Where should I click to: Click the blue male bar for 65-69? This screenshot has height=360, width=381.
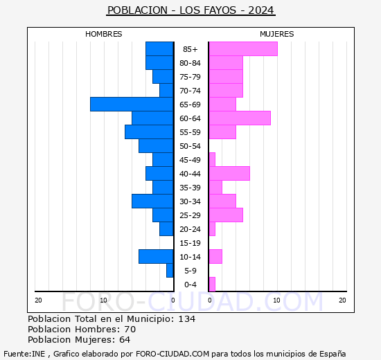[x=132, y=104]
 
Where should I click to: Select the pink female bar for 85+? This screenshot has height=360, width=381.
[x=242, y=48]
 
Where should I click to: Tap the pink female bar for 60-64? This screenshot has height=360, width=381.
[x=239, y=118]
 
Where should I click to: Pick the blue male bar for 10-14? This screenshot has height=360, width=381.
[x=156, y=256]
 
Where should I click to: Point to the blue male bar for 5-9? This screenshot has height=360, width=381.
[x=170, y=270]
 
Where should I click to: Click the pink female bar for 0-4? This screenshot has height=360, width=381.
[x=211, y=284]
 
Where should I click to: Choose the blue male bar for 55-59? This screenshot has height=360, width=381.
[x=149, y=132]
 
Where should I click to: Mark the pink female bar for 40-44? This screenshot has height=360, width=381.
[x=229, y=173]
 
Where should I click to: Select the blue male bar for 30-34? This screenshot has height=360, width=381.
[x=152, y=201]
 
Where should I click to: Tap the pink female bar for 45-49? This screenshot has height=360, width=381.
[x=211, y=159]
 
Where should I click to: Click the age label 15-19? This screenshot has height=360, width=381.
[x=190, y=243]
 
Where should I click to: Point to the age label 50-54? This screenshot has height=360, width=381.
[x=190, y=146]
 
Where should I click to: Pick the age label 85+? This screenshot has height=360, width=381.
[x=190, y=49]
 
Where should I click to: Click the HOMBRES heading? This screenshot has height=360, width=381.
[x=104, y=34]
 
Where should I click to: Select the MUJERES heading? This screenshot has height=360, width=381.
[x=276, y=34]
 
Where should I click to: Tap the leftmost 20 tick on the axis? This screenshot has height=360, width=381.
[x=39, y=300]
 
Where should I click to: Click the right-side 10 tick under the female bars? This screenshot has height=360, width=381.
[x=276, y=300]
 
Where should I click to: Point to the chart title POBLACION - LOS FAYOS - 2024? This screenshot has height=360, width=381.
[x=190, y=10]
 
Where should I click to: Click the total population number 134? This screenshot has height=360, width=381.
[x=186, y=318]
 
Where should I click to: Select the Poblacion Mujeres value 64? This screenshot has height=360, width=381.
[x=124, y=339]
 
